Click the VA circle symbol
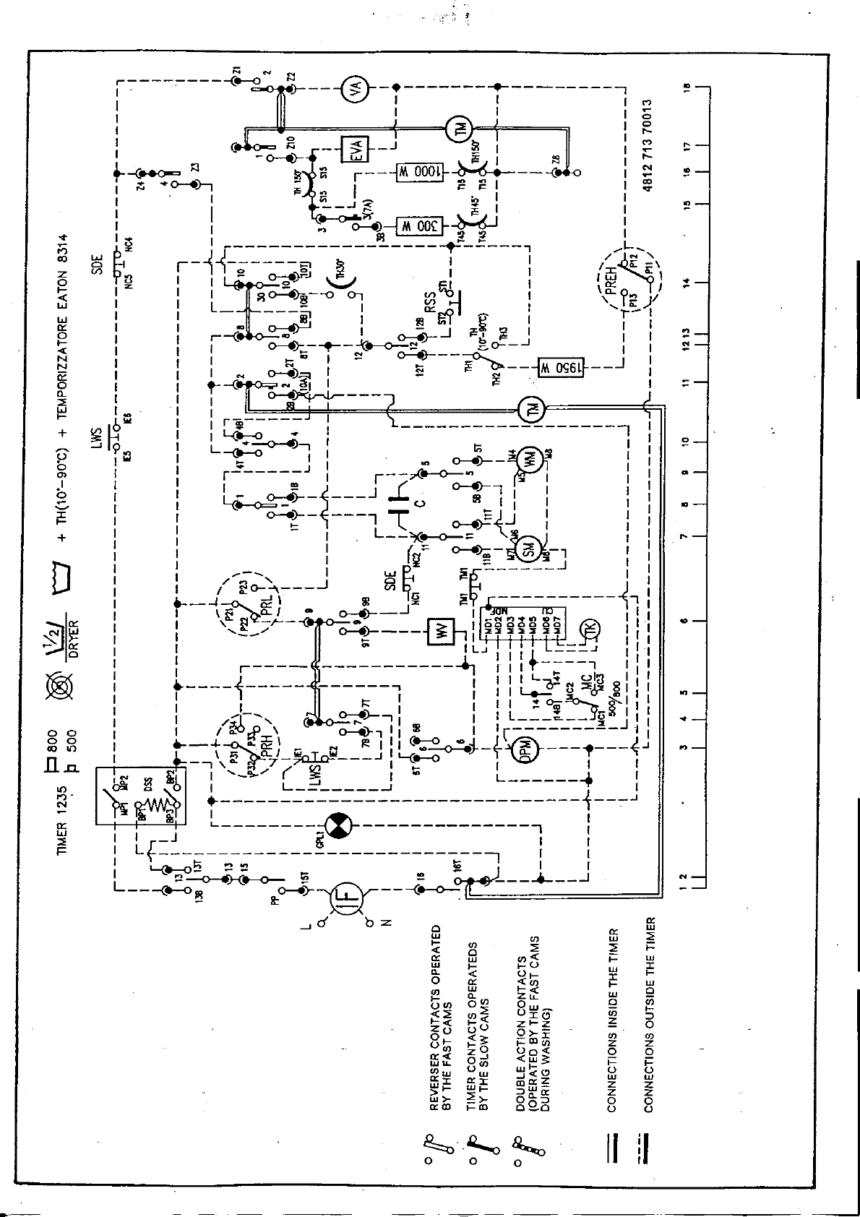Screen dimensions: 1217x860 355,88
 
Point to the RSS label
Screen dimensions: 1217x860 431,303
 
